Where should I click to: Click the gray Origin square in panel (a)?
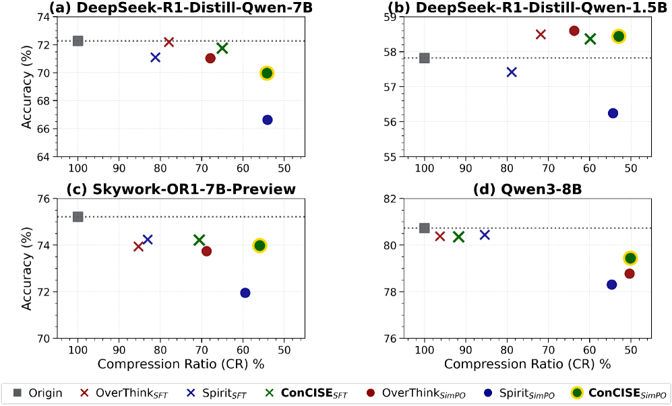point(78,41)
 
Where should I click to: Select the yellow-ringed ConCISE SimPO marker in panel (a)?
point(267,73)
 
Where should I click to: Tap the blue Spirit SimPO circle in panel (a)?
point(268,120)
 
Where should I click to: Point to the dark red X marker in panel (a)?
point(169,42)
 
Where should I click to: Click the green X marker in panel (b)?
point(590,39)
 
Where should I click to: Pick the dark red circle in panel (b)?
point(574,31)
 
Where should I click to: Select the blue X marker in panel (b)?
point(512,72)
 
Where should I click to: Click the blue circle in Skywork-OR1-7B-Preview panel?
point(245,293)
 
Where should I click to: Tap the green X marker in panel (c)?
point(200,240)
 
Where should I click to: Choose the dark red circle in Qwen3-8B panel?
point(630,273)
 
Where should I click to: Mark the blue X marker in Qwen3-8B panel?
point(485,235)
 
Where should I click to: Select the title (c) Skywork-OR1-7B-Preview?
point(181,189)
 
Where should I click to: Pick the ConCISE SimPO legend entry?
point(620,393)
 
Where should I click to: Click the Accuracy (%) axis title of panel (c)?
point(27,267)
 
